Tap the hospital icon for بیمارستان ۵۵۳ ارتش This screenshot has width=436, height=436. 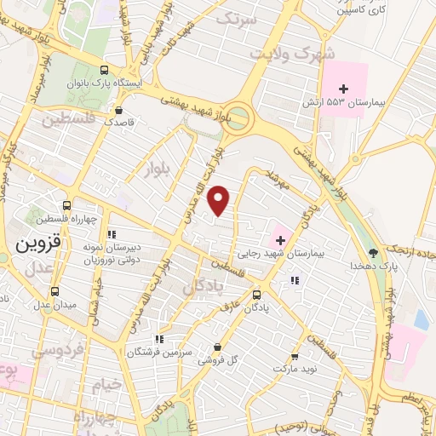point(343,89)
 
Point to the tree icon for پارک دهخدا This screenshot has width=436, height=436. point(373,252)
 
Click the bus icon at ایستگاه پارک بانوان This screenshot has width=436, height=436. point(104,71)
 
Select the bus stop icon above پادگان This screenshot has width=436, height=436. point(256,295)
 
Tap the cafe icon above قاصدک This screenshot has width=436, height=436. point(118,110)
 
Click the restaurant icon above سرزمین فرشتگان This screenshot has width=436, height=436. point(158,338)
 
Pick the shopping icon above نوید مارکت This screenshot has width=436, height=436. point(295,357)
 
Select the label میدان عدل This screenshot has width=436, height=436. point(55,304)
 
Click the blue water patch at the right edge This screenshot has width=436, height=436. point(421,319)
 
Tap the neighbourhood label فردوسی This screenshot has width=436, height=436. point(55,349)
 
